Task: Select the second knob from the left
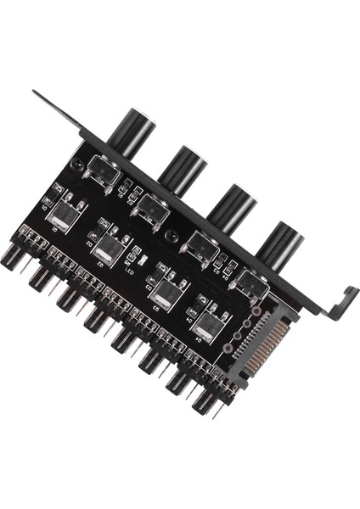tap(183, 169)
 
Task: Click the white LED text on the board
tap(130, 269)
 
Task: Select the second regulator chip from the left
tap(109, 249)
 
